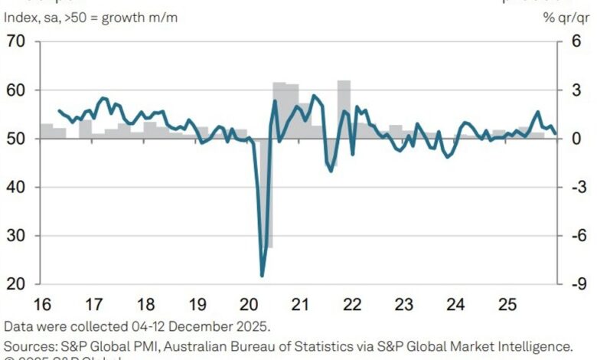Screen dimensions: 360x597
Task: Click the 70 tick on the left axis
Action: click(17, 41)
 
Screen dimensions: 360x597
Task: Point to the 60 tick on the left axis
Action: click(17, 90)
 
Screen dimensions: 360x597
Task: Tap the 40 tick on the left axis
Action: click(17, 187)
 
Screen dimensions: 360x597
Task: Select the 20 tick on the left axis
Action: click(17, 284)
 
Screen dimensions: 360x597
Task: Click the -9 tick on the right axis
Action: click(578, 284)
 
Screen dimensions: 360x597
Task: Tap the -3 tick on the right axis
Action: click(578, 187)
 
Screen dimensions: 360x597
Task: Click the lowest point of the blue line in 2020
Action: click(263, 276)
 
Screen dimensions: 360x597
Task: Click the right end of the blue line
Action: click(555, 133)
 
